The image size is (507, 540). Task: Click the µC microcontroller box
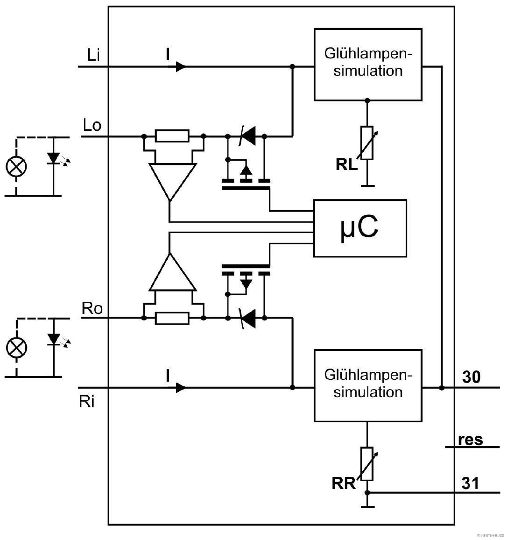coord(360,228)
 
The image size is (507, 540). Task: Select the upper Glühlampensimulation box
coord(367,64)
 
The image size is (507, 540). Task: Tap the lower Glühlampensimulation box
coord(367,385)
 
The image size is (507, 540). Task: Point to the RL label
coord(346,164)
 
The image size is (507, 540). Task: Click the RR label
coord(344,483)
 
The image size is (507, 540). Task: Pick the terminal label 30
coord(471,377)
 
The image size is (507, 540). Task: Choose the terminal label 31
coord(471,483)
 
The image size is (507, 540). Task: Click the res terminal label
coord(470,440)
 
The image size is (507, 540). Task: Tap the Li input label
coord(93,56)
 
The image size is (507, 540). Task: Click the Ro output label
coord(92,308)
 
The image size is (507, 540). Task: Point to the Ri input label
coord(87,402)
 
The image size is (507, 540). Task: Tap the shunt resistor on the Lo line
coord(172,136)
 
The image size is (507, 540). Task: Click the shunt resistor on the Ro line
coord(172,319)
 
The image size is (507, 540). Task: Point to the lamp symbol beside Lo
coord(16,166)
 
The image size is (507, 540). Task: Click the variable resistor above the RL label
coord(367,143)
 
